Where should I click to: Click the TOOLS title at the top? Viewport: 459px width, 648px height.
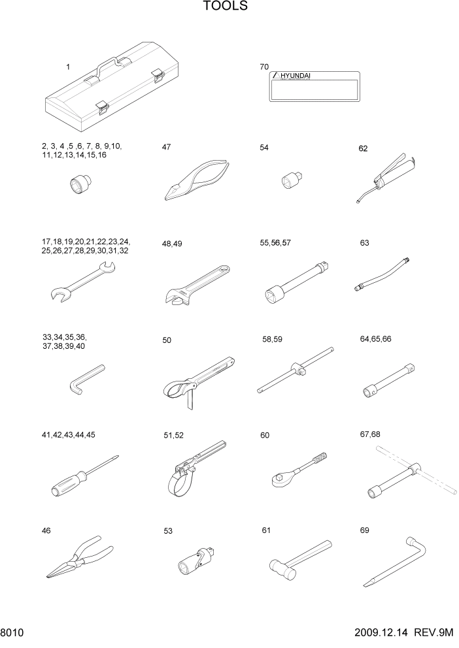tap(225, 7)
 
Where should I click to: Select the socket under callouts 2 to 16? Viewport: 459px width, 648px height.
tap(80, 184)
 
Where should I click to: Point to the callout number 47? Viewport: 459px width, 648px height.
tap(166, 148)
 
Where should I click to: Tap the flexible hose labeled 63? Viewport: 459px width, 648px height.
tap(382, 275)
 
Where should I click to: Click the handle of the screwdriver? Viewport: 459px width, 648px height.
tap(69, 484)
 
